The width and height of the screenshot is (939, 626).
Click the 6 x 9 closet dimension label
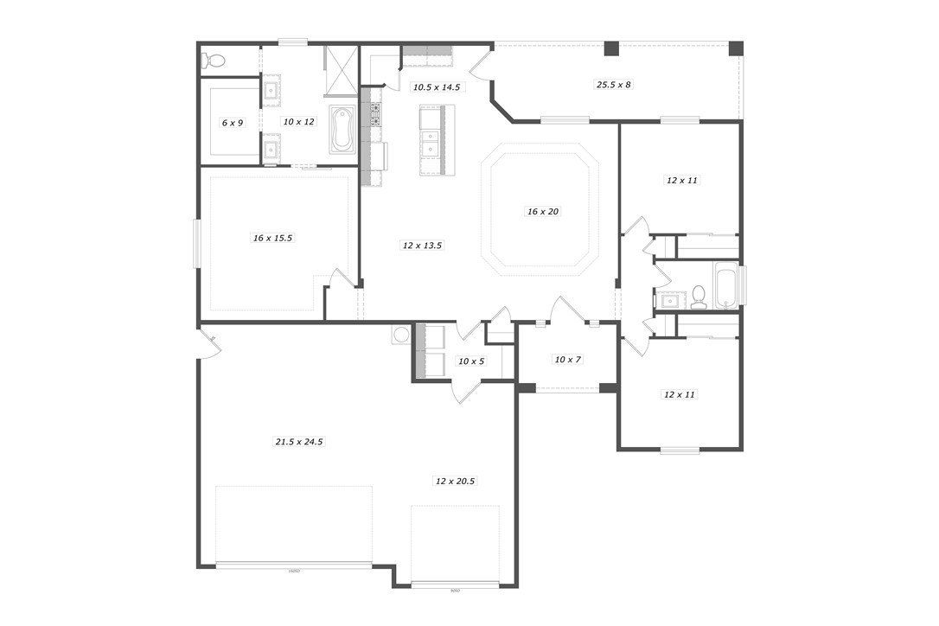coord(233,123)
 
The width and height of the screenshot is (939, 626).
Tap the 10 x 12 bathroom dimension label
coord(298,122)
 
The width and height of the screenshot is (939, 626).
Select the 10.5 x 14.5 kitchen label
coord(436,86)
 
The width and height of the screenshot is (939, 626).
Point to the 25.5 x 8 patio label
coord(613,85)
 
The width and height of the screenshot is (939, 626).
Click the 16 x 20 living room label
coord(542,211)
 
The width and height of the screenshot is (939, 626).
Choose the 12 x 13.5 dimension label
coord(422,245)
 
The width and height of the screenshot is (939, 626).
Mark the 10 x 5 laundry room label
coord(471,361)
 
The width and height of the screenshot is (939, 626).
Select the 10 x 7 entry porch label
coord(566,359)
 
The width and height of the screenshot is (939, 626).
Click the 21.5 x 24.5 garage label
coord(299,441)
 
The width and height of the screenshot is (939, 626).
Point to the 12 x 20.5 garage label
coord(455,480)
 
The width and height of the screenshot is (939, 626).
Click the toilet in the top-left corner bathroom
coord(213,61)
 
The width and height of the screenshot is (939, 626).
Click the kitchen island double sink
coord(430,142)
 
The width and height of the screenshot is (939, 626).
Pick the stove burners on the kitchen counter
coord(376,114)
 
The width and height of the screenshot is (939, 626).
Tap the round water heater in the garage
coord(401,335)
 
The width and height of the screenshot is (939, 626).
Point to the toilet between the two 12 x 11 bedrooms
coord(699,297)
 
